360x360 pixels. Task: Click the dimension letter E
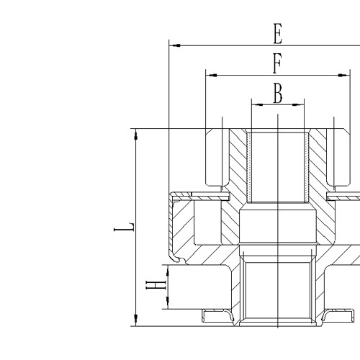pos(277,32)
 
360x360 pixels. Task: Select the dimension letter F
pos(276,63)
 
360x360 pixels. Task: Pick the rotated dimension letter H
pos(153,287)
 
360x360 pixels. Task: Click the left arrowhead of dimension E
pos(173,45)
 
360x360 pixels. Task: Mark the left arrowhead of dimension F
pos(210,74)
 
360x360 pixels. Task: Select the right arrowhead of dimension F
pos(345,74)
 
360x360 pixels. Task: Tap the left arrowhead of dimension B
pos(254,104)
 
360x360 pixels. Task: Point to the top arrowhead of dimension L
pos(135,132)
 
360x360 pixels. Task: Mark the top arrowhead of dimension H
pos(167,267)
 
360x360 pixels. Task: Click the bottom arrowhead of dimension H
pos(167,306)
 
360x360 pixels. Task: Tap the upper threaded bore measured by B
pos(277,166)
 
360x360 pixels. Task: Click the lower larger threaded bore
pos(277,292)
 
